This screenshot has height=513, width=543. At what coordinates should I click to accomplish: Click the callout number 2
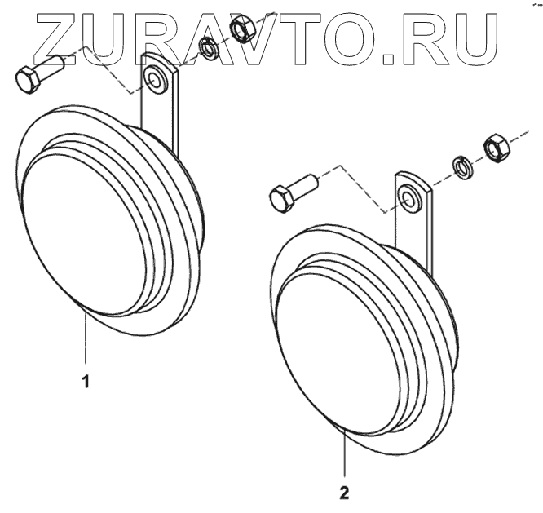click(345, 493)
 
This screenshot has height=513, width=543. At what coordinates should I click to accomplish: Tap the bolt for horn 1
click(36, 74)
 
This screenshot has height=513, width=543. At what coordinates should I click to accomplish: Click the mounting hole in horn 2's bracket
click(408, 197)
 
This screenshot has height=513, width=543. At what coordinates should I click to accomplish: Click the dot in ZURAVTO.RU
click(387, 60)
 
